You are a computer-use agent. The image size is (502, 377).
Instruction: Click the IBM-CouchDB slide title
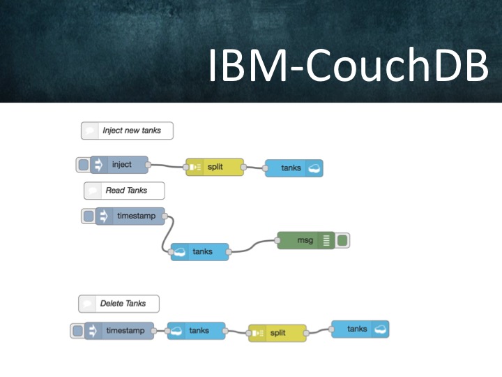click(x=349, y=65)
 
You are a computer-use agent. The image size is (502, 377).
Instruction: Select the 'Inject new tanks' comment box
click(x=127, y=131)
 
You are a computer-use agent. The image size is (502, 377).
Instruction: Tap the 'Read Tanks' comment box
click(x=124, y=191)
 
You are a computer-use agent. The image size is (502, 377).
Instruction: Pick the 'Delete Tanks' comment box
click(x=119, y=304)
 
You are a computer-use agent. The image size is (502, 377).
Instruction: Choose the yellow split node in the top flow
click(x=215, y=167)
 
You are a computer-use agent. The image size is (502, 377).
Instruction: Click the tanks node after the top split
click(x=294, y=168)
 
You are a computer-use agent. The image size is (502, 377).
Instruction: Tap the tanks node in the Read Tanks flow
click(x=200, y=251)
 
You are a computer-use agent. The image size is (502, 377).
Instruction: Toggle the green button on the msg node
click(x=342, y=240)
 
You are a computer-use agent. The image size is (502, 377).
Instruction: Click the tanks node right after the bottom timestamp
click(x=196, y=331)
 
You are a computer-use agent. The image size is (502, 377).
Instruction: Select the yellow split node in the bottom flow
click(x=277, y=333)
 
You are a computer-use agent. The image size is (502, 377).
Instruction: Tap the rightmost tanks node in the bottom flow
click(x=360, y=330)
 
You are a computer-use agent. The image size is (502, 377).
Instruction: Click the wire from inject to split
click(x=167, y=165)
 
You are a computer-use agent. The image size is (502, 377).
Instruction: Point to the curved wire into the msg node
click(x=254, y=246)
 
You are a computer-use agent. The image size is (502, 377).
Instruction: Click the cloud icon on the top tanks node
click(x=314, y=168)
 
